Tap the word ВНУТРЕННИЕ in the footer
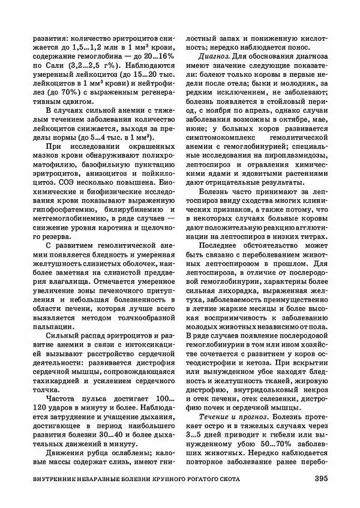(x=58, y=479)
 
